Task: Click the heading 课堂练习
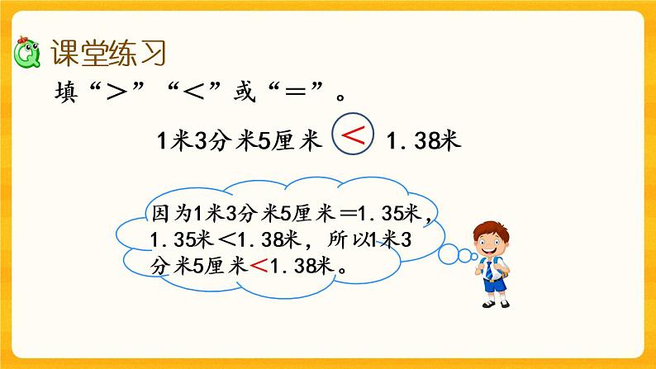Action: point(109,54)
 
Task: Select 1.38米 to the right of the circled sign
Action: point(423,140)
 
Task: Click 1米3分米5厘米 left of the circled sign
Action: point(238,140)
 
